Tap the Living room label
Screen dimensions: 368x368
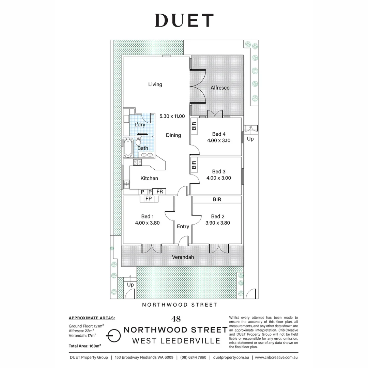[x=155, y=84]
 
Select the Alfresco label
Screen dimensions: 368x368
[x=220, y=88]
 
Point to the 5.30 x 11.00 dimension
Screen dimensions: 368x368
[x=172, y=116]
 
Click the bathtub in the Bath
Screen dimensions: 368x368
[x=128, y=148]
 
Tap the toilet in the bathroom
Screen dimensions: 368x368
[x=138, y=141]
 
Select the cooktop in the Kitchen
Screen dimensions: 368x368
[x=138, y=162]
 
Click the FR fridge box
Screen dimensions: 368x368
[x=159, y=191]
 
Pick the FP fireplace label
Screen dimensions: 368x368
[x=148, y=199]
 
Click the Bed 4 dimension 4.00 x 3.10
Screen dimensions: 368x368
[x=219, y=141]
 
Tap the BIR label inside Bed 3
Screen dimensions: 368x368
[x=194, y=165]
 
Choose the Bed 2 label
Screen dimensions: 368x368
[x=218, y=216]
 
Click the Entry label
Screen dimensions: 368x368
[x=183, y=227]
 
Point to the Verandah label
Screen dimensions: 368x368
[x=183, y=257]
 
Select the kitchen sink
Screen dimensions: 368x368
[x=126, y=184]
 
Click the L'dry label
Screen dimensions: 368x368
[x=140, y=125]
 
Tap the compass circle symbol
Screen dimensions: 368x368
[x=114, y=336]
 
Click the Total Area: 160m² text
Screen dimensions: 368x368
[x=85, y=346]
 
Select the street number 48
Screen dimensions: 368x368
[x=176, y=319]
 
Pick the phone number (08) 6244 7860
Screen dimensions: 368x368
[x=194, y=357]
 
